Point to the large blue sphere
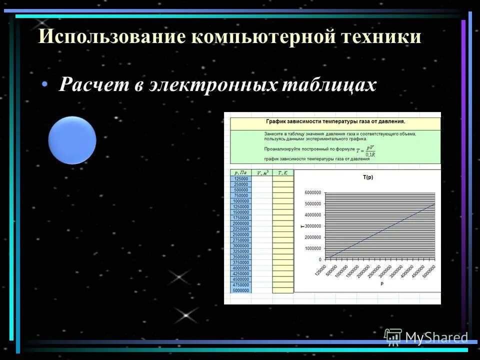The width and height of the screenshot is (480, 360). click(72, 140)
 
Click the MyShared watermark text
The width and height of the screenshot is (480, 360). click(436, 338)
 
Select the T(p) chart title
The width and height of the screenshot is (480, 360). click(368, 177)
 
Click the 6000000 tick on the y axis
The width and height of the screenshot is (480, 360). click(313, 192)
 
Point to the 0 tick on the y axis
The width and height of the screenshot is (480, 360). click(319, 259)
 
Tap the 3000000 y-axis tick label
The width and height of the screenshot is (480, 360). click(313, 226)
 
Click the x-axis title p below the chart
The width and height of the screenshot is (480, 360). click(381, 283)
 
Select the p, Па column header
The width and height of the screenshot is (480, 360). click(240, 172)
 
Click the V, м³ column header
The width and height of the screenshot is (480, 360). click(262, 172)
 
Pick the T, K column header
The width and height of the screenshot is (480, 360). click(282, 172)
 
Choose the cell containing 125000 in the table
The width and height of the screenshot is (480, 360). click(241, 178)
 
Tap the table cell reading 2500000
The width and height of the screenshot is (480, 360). click(241, 234)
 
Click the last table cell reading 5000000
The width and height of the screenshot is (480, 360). click(241, 290)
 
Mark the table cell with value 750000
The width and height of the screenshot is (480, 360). click(241, 195)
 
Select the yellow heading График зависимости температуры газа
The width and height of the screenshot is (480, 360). click(335, 121)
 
